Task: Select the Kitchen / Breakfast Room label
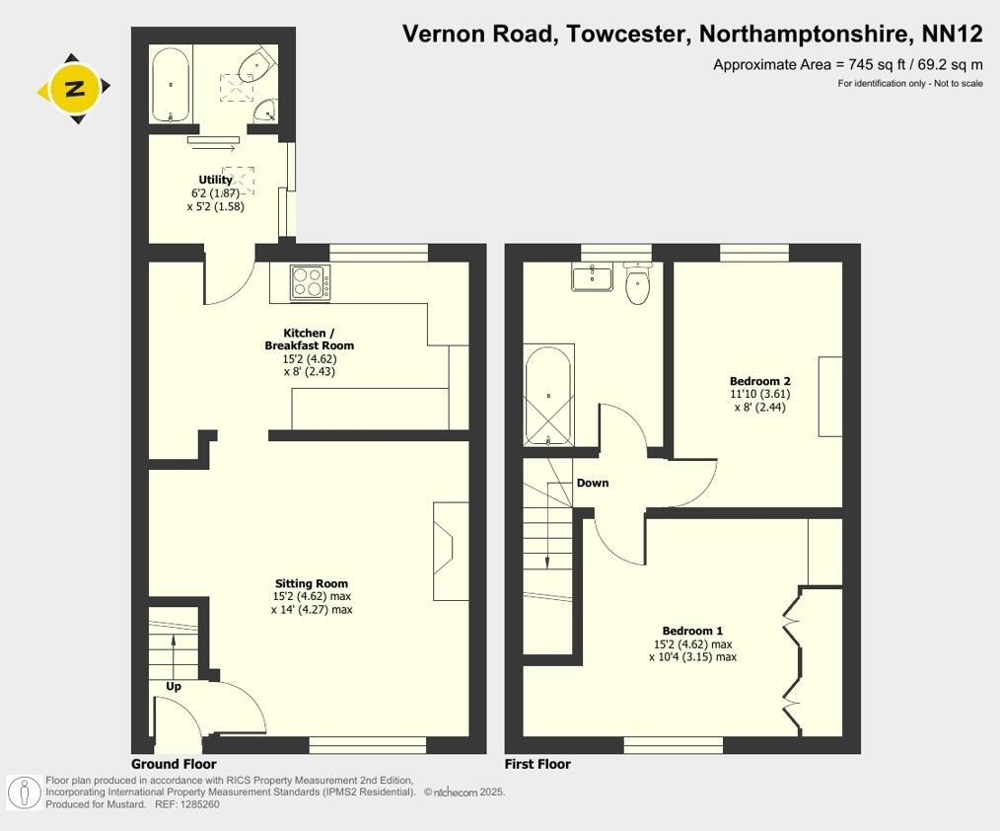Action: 309,340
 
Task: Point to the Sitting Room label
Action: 311,583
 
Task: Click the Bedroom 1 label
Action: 692,631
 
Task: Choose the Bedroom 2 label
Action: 759,381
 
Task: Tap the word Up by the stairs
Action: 174,685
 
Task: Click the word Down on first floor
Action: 593,483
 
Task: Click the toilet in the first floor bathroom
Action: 637,286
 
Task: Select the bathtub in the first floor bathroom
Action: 547,395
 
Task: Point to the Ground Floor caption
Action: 174,764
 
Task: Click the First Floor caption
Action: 537,764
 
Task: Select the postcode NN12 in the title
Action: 952,35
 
